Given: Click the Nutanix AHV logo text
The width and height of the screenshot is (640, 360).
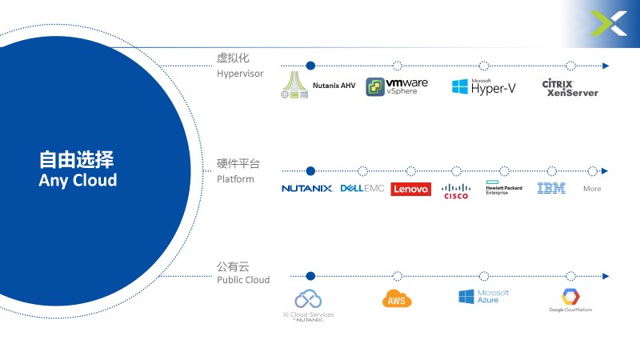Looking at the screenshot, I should tap(334, 86).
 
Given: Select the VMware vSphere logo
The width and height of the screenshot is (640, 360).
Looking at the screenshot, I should tap(397, 86).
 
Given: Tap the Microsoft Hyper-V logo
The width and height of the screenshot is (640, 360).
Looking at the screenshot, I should tap(483, 87).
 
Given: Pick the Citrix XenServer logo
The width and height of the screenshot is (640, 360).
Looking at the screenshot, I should tap(570, 87).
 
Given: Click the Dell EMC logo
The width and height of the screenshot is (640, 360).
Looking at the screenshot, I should tap(362, 189).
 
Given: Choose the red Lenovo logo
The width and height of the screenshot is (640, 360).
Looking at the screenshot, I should tap(410, 189).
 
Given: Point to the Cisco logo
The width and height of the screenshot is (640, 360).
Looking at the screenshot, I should tap(456, 190).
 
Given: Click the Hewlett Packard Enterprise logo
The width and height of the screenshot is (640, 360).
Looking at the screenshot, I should tap(503, 189).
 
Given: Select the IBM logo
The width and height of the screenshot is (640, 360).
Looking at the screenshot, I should tap(551, 189).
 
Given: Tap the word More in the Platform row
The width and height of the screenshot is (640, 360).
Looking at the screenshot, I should tap(592, 189).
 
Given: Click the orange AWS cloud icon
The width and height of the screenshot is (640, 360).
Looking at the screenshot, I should tap(398, 299).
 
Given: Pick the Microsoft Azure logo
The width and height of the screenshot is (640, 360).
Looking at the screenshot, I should tap(484, 297).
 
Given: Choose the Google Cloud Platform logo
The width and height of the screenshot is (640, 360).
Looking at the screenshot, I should tap(570, 300).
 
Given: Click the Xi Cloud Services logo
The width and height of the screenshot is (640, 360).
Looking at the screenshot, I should tap(309, 304).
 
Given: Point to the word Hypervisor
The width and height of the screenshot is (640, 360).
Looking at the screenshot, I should tap(239, 74).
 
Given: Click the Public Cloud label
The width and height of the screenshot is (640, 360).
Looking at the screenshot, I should tap(243, 280).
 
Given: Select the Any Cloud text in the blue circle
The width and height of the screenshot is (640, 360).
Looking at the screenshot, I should tap(78, 180).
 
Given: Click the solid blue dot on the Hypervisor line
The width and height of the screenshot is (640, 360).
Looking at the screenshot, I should tap(310, 66).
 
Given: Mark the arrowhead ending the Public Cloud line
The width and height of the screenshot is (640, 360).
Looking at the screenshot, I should tap(606, 277).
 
